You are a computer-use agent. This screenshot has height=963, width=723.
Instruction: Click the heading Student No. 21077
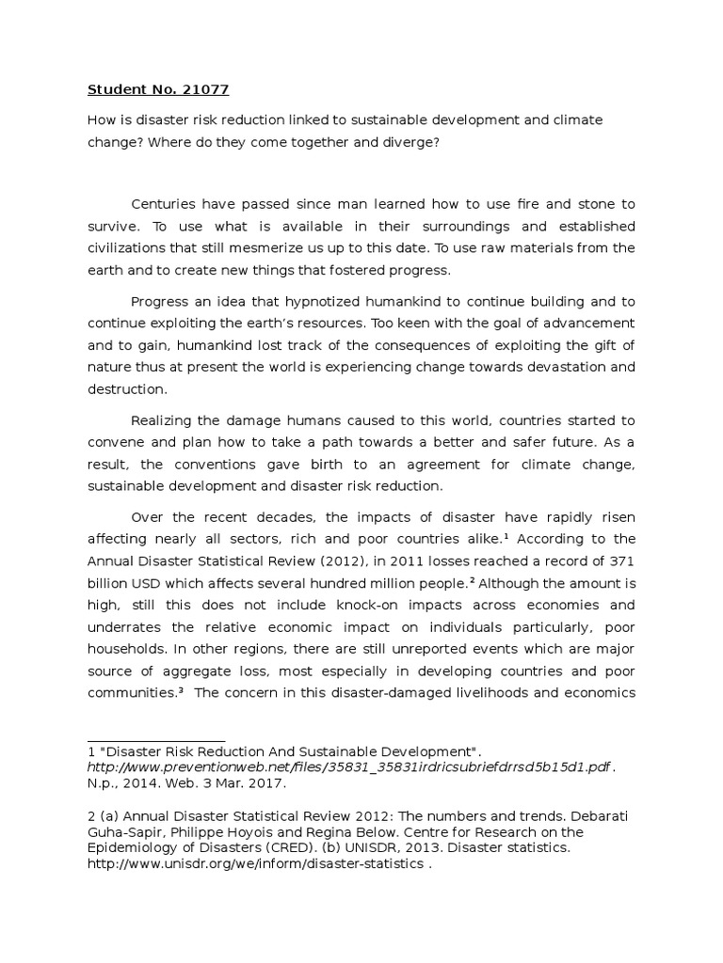tap(158, 90)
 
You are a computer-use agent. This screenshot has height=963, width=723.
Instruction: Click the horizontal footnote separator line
tap(156, 741)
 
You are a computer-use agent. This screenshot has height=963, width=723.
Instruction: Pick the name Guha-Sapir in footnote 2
tap(121, 832)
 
